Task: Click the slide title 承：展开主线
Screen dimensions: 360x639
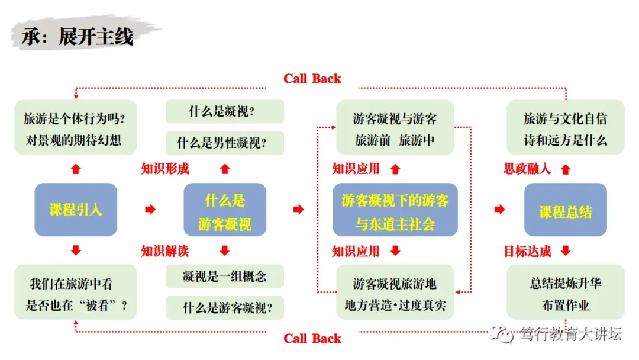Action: (x=78, y=37)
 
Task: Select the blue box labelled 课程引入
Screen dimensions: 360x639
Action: (x=76, y=210)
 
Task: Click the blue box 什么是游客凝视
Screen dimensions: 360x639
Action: (x=225, y=211)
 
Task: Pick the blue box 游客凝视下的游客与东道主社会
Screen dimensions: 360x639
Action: (x=395, y=211)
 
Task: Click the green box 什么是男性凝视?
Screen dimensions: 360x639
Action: (x=225, y=143)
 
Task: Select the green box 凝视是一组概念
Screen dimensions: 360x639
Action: (x=225, y=276)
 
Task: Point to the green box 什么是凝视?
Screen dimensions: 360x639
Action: (x=225, y=111)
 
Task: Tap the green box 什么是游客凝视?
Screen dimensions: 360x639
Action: (x=225, y=308)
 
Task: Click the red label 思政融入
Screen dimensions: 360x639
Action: (x=527, y=169)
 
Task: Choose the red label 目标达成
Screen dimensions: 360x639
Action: (x=527, y=251)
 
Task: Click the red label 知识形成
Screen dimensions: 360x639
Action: (x=165, y=169)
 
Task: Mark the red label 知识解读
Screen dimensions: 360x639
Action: (x=165, y=251)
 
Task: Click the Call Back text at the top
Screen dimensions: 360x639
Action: (x=312, y=79)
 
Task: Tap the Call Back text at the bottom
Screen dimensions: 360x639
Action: (x=312, y=339)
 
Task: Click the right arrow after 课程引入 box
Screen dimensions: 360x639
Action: (x=150, y=210)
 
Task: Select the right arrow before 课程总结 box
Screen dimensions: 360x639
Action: (x=499, y=210)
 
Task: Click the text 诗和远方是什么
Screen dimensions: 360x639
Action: (x=565, y=141)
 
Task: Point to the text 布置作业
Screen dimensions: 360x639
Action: (x=565, y=306)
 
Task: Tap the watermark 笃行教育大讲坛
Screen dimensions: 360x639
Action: (x=570, y=334)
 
